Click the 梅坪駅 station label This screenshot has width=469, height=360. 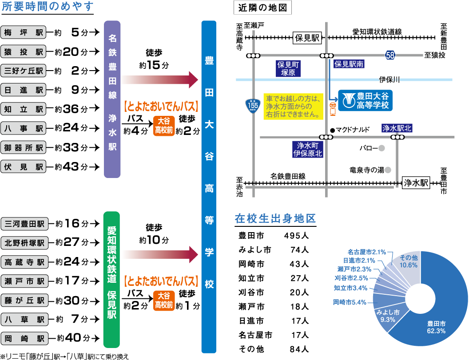[x=24, y=32]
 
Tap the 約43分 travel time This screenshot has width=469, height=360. [x=71, y=167]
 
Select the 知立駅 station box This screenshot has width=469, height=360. [x=24, y=109]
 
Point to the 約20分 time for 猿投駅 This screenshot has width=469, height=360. [x=71, y=52]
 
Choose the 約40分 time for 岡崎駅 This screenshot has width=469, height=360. [x=74, y=338]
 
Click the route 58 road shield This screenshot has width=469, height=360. [x=390, y=55]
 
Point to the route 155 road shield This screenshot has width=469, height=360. [x=253, y=106]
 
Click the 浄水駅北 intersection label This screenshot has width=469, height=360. [x=397, y=128]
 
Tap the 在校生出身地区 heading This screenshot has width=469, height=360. [x=275, y=218]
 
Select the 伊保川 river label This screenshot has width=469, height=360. [x=389, y=80]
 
